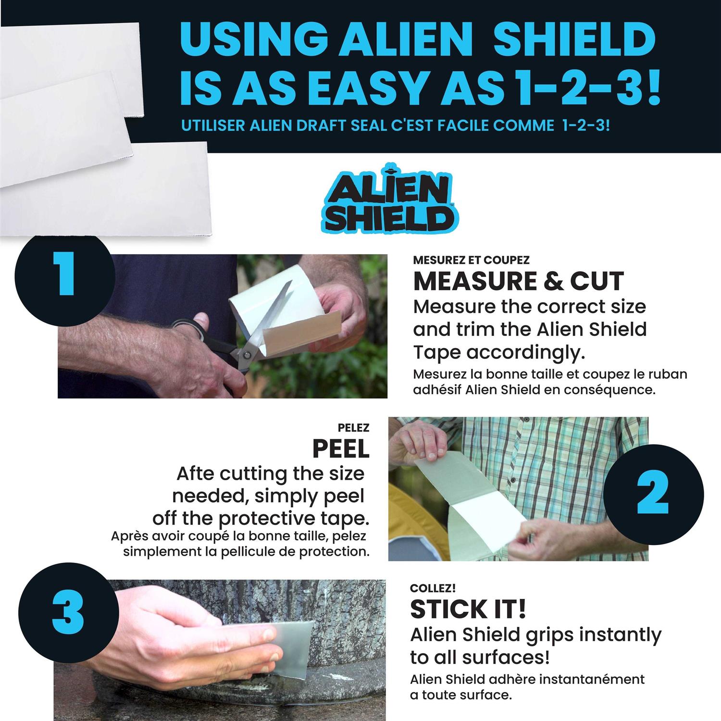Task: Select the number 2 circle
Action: coord(653,495)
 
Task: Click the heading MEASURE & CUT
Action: coord(518,282)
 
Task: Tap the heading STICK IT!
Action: coord(468,609)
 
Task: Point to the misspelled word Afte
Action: coord(195,473)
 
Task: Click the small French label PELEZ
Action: coord(353,428)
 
